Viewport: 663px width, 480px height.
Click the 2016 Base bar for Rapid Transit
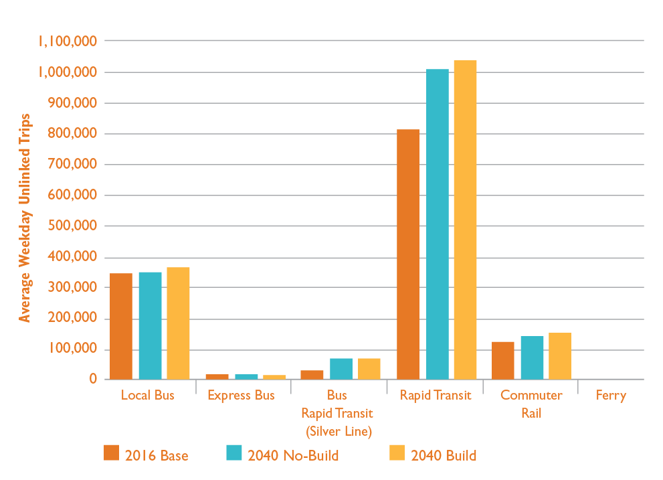click(408, 254)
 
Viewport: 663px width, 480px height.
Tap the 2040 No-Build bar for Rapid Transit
click(437, 224)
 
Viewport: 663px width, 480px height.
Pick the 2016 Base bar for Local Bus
click(121, 326)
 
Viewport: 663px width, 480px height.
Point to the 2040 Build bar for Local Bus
click(178, 323)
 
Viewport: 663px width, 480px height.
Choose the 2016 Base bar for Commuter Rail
click(503, 360)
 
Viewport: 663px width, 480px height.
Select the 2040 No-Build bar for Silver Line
click(341, 369)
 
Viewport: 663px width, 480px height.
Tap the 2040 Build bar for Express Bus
click(274, 377)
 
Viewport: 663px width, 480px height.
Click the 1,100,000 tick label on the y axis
click(68, 42)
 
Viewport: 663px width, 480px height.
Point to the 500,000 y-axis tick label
click(73, 226)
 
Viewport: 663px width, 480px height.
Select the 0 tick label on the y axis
click(94, 380)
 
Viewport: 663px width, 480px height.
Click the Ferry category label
click(611, 396)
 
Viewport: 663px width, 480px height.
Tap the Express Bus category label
click(241, 396)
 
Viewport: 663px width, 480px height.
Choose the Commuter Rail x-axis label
click(531, 404)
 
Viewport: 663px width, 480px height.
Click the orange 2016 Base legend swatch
click(111, 453)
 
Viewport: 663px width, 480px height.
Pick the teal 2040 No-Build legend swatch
click(233, 453)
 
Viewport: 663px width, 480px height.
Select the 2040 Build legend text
click(444, 456)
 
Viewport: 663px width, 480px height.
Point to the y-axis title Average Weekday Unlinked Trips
click(25, 218)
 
